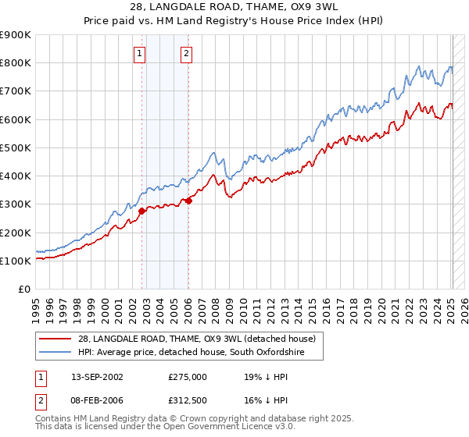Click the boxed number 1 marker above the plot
pos(139,54)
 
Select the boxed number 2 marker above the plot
pos(187,54)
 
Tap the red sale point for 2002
pos(142,211)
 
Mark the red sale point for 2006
pos(188,201)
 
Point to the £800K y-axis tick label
pos(16,63)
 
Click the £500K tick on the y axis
pos(16,147)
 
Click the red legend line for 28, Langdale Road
pos(54,339)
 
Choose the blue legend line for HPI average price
pos(54,353)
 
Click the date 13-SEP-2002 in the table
pos(95,375)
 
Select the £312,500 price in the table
pos(187,401)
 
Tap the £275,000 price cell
pos(187,375)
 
